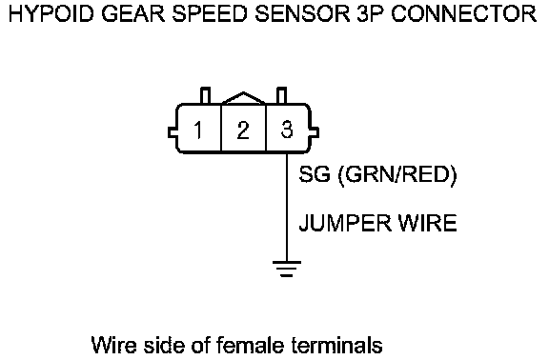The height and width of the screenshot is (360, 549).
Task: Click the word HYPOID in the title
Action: coord(51,14)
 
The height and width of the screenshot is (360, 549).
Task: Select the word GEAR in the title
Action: coord(133,14)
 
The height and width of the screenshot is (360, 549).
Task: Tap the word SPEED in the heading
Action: coord(211,14)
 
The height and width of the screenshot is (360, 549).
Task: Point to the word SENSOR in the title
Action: coord(302,14)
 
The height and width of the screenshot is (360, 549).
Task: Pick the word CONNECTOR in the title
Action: coord(464,14)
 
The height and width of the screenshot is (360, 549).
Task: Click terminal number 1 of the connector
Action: coord(198,130)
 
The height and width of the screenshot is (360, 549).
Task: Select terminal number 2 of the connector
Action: coord(243,130)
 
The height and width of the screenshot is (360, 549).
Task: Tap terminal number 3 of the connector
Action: coord(287,130)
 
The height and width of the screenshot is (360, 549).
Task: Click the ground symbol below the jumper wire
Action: coord(287,269)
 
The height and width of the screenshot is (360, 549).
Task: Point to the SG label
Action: coord(315,174)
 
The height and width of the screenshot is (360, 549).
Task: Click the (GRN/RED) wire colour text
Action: coord(397,175)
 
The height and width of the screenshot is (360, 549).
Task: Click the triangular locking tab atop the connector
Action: coord(243,97)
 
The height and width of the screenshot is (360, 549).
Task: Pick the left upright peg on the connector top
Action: coord(206,95)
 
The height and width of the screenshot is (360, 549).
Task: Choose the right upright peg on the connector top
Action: coord(281,95)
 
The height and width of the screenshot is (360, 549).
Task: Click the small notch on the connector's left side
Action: coord(172,132)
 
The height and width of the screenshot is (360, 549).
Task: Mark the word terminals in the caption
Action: coord(336,345)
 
